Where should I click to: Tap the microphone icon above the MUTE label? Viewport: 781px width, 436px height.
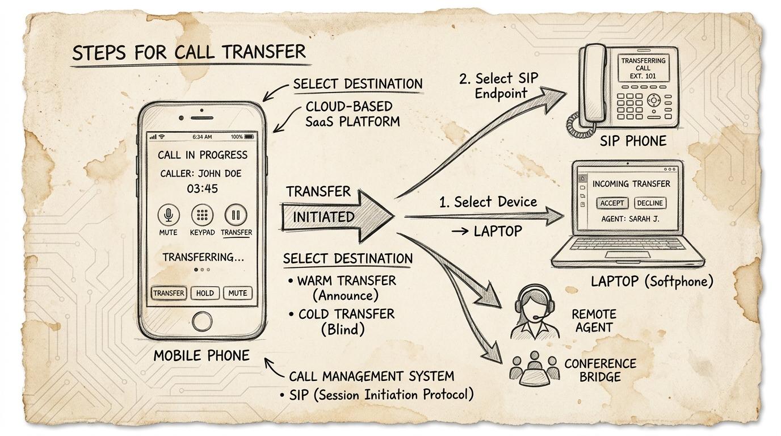[x=169, y=215]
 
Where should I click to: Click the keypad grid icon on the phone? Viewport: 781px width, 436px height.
[x=202, y=215]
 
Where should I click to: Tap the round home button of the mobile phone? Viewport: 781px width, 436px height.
[x=202, y=321]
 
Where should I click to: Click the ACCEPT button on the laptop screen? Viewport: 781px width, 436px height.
[x=612, y=203]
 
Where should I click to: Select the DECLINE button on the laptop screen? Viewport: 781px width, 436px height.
[x=650, y=203]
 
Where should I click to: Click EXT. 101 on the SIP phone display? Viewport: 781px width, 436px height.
[x=643, y=76]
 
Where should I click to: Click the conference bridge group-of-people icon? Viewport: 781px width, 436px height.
[x=534, y=368]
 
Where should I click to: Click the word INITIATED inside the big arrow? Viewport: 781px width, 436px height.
[x=324, y=217]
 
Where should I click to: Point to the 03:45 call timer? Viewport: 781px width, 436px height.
[x=202, y=188]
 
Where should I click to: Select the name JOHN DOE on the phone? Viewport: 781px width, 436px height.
[x=220, y=173]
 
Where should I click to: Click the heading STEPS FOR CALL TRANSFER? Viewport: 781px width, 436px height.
[x=189, y=52]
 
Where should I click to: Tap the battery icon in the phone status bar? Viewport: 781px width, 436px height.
[x=249, y=137]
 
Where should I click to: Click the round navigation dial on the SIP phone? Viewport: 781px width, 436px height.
[x=654, y=100]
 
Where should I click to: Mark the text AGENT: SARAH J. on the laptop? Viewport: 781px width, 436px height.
[x=631, y=219]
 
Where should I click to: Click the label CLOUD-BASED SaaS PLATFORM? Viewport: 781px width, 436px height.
[x=352, y=114]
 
